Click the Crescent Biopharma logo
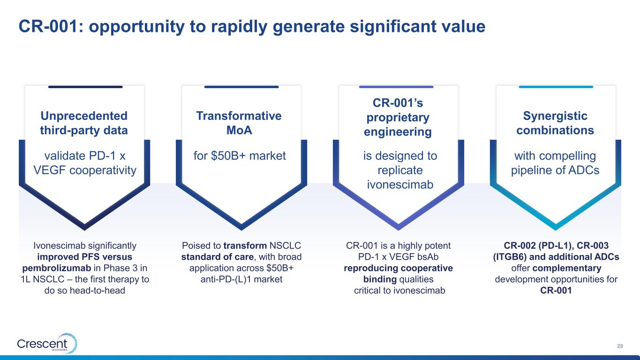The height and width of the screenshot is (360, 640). click(47, 343)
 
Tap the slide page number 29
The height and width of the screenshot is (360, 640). click(620, 346)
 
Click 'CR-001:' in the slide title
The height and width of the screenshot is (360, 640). click(51, 26)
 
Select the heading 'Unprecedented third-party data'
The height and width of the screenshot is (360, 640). click(84, 123)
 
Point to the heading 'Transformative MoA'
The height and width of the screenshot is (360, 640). click(239, 123)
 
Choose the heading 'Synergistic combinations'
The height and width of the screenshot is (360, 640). click(555, 123)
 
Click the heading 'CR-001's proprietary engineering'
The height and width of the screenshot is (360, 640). click(398, 117)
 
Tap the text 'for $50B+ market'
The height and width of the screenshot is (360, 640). click(240, 156)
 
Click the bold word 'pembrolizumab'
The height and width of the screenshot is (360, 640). click(57, 268)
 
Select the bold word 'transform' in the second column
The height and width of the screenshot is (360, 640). click(245, 246)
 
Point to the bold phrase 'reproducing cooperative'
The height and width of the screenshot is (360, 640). click(398, 268)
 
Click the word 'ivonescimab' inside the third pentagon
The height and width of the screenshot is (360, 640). click(400, 185)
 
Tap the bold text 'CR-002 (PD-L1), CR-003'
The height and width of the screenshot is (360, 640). click(556, 246)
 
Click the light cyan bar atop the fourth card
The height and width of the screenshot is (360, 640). click(556, 87)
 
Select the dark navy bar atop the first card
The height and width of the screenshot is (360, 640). click(85, 87)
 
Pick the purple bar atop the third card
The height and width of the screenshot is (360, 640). click(396, 87)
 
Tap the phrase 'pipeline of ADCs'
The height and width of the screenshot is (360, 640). click(555, 170)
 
